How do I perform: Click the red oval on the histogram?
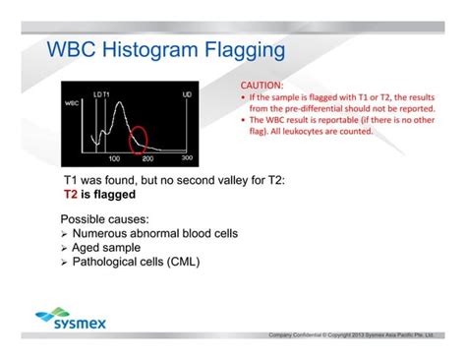143,139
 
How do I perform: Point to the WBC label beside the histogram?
72,102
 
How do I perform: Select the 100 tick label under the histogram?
114,157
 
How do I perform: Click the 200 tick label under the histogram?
148,157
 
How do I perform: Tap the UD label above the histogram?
187,94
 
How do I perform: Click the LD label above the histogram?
96,94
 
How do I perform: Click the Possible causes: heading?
106,217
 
